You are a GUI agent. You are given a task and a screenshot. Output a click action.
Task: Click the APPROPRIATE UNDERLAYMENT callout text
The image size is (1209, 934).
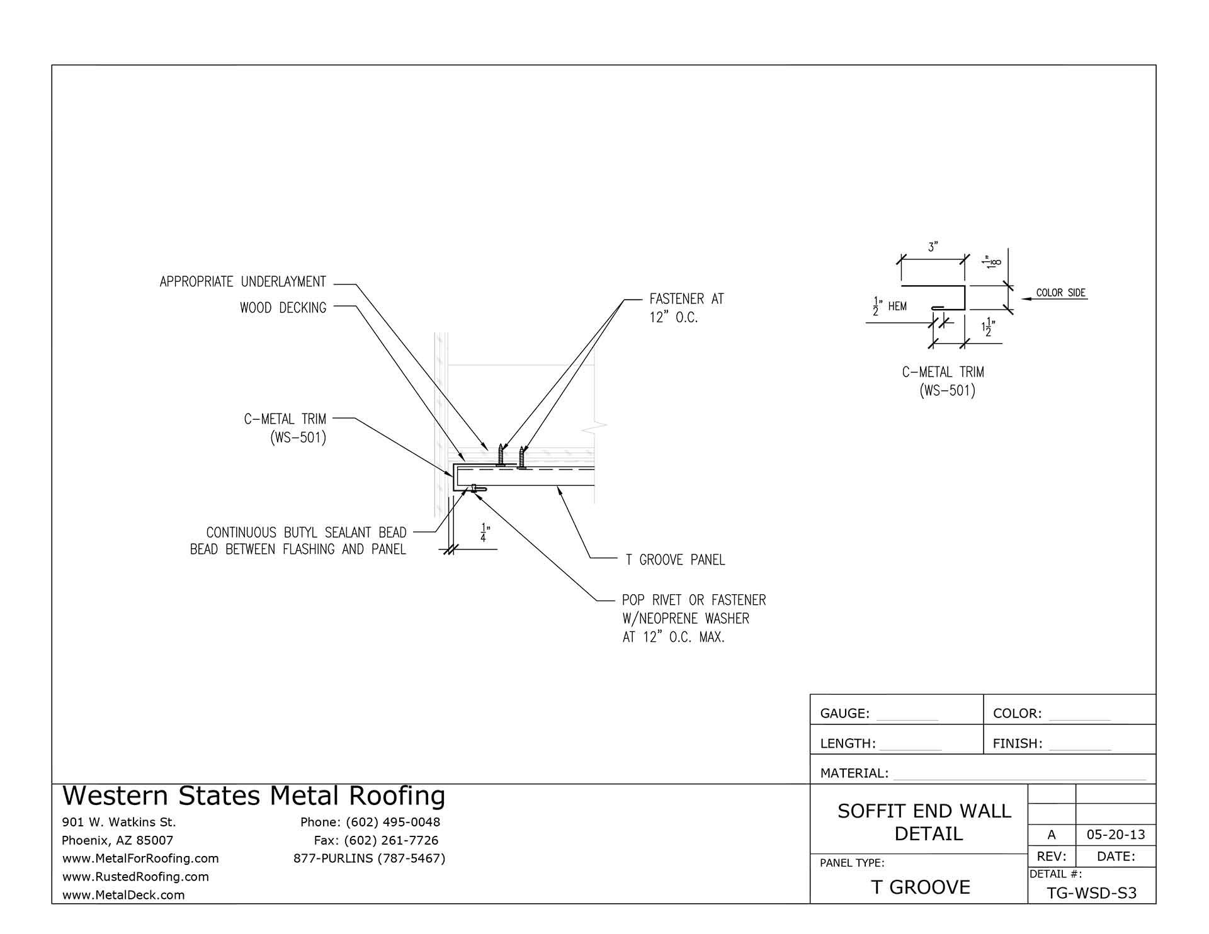click(x=242, y=282)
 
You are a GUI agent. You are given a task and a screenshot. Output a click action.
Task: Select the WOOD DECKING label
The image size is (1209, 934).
click(x=283, y=308)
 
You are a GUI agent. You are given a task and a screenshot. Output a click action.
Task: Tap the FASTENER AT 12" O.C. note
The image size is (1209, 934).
click(x=686, y=308)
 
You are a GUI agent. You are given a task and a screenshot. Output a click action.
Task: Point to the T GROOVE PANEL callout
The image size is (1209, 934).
click(x=675, y=560)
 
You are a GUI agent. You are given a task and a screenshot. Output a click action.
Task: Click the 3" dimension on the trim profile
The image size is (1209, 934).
click(x=933, y=247)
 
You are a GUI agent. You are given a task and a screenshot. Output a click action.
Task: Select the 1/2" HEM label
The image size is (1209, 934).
click(x=889, y=307)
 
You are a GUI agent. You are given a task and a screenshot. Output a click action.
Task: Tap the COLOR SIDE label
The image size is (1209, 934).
click(x=1061, y=293)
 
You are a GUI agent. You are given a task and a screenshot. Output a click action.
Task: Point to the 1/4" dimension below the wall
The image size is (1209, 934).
click(x=484, y=532)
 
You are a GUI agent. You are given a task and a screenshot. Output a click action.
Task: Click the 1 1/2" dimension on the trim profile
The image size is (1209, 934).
click(x=987, y=328)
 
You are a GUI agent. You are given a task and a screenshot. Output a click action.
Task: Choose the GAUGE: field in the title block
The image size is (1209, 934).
click(x=844, y=714)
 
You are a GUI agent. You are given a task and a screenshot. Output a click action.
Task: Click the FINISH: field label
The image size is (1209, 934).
click(x=1017, y=744)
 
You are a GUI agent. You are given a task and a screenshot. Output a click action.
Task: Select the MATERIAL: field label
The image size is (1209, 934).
click(x=854, y=774)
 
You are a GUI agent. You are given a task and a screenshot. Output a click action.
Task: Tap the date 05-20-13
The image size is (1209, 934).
click(x=1116, y=835)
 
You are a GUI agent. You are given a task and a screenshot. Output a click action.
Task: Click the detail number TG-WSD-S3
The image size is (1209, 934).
click(x=1091, y=894)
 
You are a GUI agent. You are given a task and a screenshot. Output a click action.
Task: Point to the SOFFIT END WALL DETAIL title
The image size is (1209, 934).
click(x=924, y=822)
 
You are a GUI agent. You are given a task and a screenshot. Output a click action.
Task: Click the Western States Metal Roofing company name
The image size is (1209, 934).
click(x=254, y=796)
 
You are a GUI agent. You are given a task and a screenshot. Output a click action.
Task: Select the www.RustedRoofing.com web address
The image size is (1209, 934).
click(x=135, y=877)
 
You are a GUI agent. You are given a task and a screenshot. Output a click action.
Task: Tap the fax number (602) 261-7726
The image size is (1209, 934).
click(x=376, y=840)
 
